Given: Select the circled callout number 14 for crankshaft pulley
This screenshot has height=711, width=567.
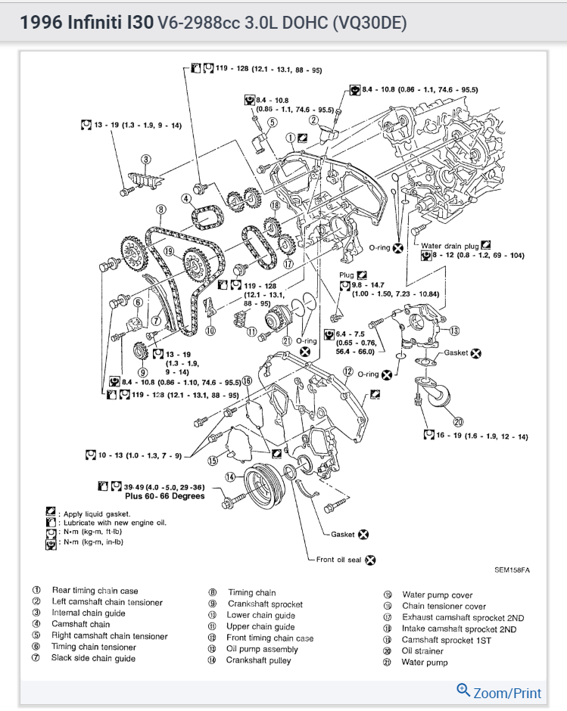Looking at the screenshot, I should (230, 477).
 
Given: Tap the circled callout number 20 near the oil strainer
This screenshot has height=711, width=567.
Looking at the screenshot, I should (458, 421).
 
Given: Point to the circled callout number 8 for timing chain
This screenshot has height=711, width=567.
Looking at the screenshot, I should (160, 210).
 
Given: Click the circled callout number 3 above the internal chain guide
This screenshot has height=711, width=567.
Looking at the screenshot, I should (145, 159).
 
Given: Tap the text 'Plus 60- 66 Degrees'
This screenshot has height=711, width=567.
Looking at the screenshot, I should (164, 496).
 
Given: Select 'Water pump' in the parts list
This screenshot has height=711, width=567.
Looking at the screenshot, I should (425, 663).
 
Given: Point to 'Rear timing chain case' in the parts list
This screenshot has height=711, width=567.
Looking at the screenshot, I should (95, 590).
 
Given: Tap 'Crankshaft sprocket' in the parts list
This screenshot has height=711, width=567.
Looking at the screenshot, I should (265, 604).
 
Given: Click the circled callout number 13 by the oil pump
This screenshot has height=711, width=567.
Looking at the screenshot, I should (454, 331).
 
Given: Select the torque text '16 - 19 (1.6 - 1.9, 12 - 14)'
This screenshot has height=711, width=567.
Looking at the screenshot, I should (476, 436).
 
